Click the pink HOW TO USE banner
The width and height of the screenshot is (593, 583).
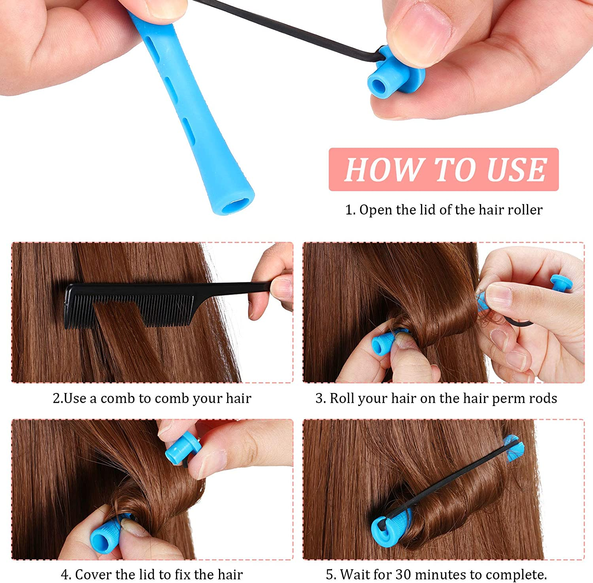(444, 169)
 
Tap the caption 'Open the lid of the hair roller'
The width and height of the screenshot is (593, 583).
(444, 210)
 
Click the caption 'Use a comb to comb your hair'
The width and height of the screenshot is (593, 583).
(152, 398)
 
